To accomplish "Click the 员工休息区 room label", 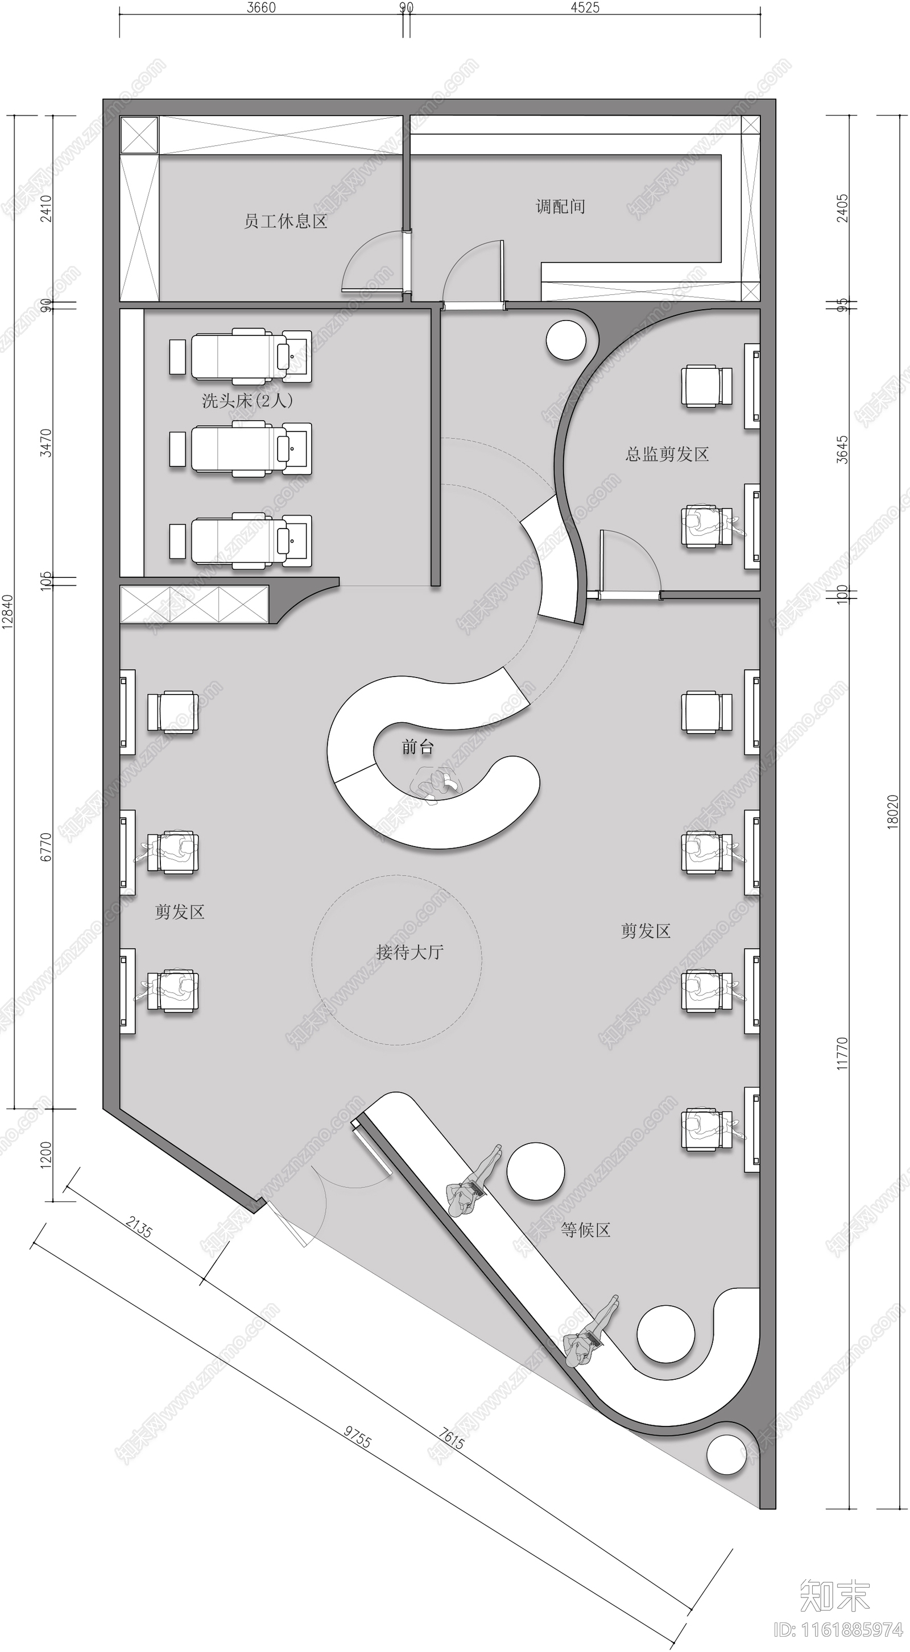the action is (286, 221).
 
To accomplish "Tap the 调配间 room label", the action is (560, 206).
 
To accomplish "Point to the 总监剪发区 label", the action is (667, 454).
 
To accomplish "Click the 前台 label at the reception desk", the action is (418, 747).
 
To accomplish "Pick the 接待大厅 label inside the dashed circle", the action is (409, 952).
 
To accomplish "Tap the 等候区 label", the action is (585, 1229).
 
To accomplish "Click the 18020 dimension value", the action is (893, 812).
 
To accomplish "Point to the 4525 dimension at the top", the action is (585, 8).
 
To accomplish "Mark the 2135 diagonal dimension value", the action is (139, 1226).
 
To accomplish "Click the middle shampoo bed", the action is (241, 448).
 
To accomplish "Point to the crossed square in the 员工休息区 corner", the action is (139, 135).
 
